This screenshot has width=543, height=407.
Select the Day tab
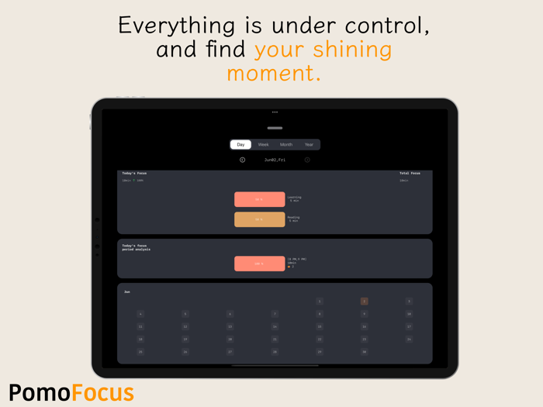[x=240, y=144]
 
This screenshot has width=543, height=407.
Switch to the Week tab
[x=264, y=144]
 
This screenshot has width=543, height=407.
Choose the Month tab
[x=286, y=144]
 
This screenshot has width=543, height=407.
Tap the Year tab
[x=309, y=144]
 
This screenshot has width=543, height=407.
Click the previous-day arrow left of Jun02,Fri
[x=243, y=160]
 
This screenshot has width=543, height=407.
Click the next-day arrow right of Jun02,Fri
[x=307, y=160]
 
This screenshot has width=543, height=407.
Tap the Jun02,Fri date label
[x=275, y=160]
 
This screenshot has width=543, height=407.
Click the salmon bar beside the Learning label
[x=259, y=199]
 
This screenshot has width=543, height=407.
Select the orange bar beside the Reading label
[x=259, y=219]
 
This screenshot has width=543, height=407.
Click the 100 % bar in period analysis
[x=259, y=264]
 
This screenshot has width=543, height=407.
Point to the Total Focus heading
[x=410, y=174]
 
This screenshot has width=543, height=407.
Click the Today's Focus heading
[x=134, y=174]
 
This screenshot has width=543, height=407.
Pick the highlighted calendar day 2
[x=364, y=302]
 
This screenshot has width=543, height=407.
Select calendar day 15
[x=319, y=326]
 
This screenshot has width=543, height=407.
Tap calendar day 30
[x=364, y=352]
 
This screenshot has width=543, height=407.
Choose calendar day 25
[x=140, y=352]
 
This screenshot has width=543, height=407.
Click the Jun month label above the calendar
[x=127, y=292]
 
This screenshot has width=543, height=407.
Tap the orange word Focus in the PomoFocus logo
[x=102, y=392]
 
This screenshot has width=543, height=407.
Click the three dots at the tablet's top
[x=275, y=112]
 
